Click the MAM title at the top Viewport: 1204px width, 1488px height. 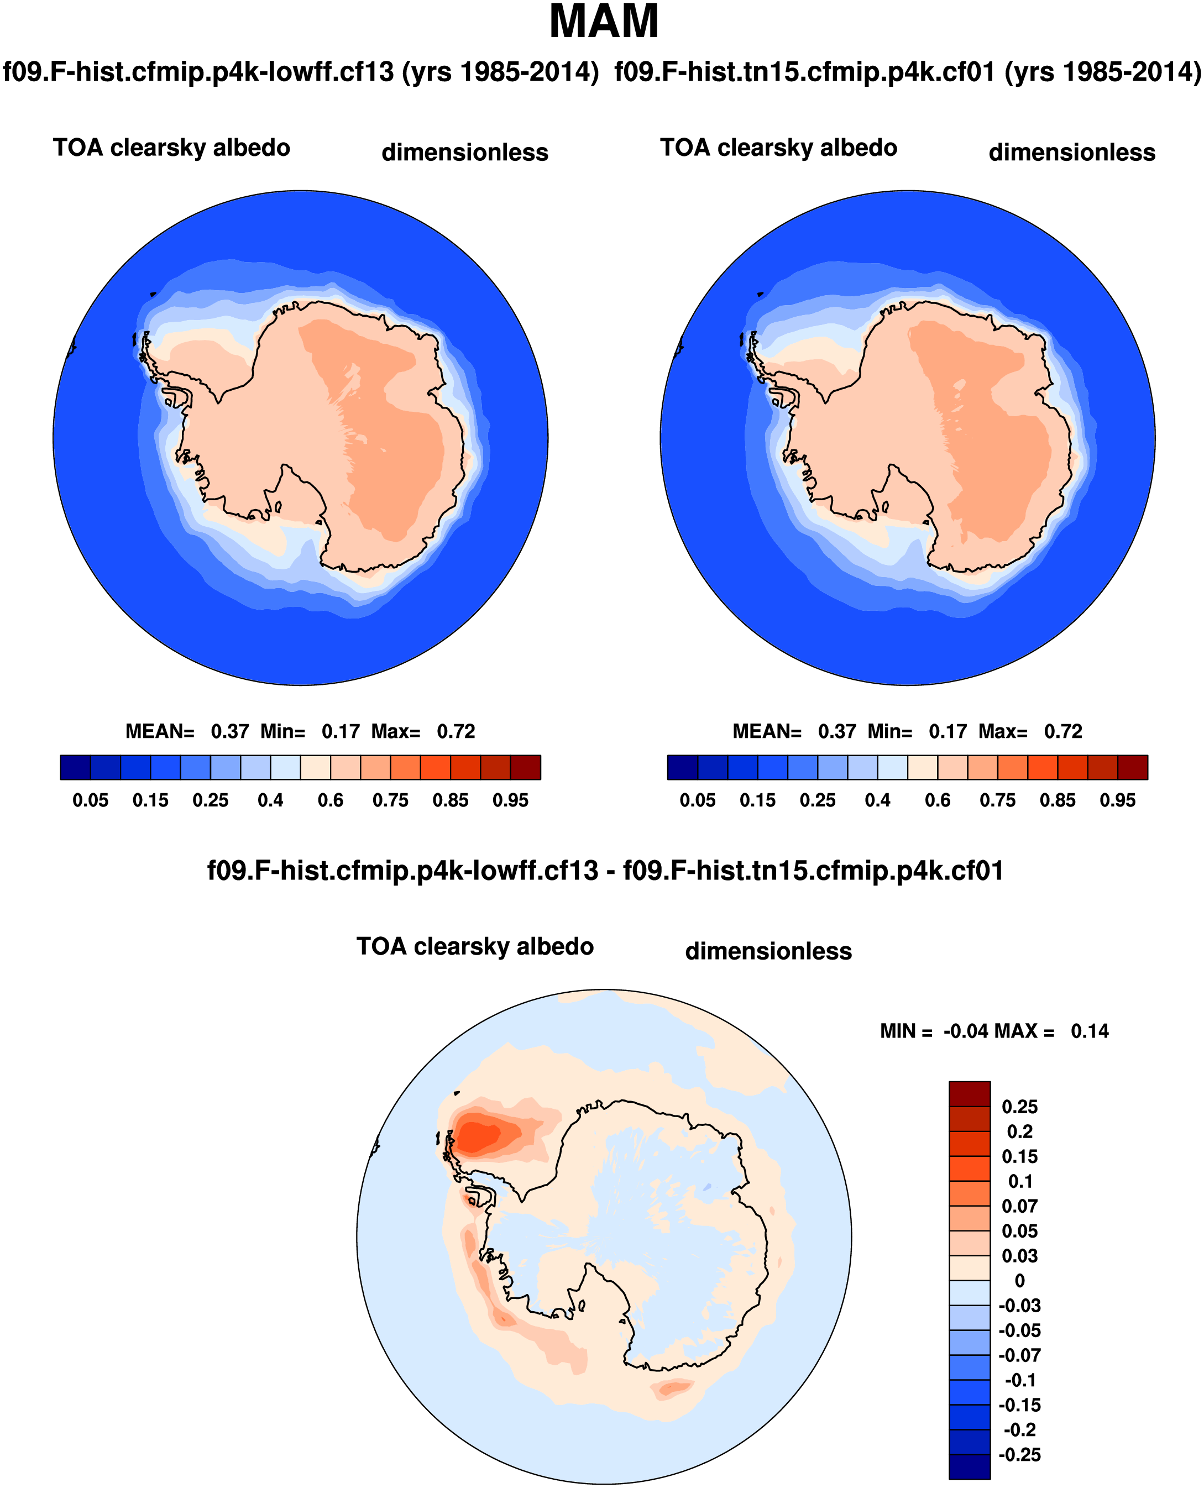(x=604, y=22)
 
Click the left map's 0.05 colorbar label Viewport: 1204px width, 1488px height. (x=90, y=800)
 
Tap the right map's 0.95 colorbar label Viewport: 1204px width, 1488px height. (x=1117, y=800)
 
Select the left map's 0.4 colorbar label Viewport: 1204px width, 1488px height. (x=270, y=800)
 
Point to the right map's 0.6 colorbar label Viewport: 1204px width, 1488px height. (x=938, y=800)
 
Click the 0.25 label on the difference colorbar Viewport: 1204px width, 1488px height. (x=1019, y=1107)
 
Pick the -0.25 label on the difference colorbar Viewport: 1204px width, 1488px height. (x=1019, y=1455)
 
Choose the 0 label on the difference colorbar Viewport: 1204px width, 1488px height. (x=1019, y=1281)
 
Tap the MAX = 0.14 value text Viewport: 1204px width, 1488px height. (x=1090, y=1031)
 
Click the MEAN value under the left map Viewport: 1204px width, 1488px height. (x=229, y=731)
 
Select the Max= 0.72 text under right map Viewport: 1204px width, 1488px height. (x=1063, y=731)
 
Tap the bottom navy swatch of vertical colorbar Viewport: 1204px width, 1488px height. (x=970, y=1466)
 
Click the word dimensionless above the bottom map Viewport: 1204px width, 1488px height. (x=768, y=951)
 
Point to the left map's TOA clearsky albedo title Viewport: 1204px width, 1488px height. (x=171, y=148)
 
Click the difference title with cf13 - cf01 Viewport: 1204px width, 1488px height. (x=605, y=871)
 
